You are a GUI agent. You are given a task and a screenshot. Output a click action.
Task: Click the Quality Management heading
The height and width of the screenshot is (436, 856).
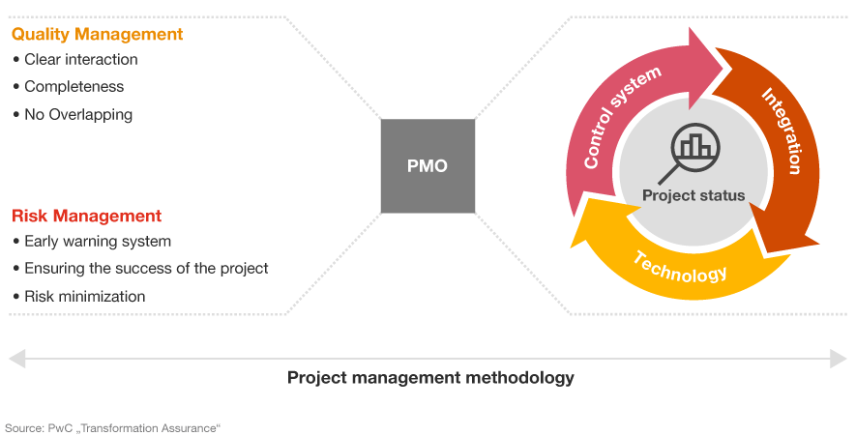pyautogui.click(x=97, y=35)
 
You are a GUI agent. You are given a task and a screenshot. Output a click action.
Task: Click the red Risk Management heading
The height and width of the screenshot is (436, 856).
pyautogui.click(x=86, y=217)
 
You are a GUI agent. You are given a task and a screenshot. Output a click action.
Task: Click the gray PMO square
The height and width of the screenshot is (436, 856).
pyautogui.click(x=428, y=166)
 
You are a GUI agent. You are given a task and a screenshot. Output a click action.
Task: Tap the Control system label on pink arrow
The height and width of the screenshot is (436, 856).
pyautogui.click(x=620, y=116)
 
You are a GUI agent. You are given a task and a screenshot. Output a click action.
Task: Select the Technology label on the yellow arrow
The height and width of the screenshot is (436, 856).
pyautogui.click(x=681, y=268)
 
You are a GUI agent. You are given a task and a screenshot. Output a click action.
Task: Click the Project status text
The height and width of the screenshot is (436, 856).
pyautogui.click(x=694, y=195)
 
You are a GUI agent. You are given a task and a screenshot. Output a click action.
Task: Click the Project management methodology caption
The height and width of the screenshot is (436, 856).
pyautogui.click(x=430, y=378)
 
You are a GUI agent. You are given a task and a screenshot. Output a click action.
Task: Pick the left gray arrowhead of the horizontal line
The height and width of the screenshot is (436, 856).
pyautogui.click(x=16, y=359)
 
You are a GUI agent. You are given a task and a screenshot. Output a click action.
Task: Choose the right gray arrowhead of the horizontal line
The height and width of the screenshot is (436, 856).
pyautogui.click(x=839, y=359)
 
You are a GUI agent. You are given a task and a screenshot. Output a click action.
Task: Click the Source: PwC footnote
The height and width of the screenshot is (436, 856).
pyautogui.click(x=112, y=428)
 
